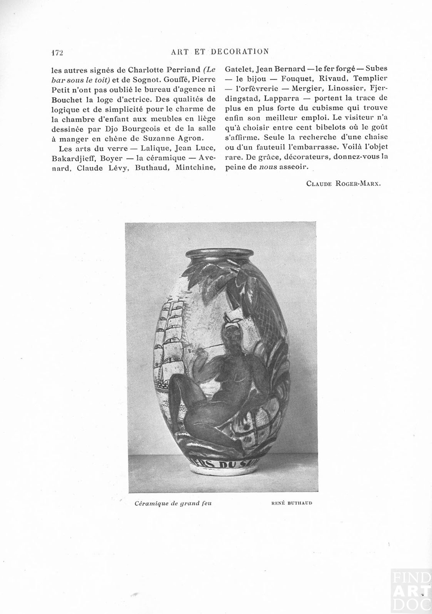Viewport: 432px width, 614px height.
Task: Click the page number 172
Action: tap(57, 53)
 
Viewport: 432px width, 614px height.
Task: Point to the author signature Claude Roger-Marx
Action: tap(343, 183)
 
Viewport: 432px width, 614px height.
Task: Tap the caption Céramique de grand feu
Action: tap(173, 503)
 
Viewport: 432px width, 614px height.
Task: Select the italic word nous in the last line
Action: tap(268, 167)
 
